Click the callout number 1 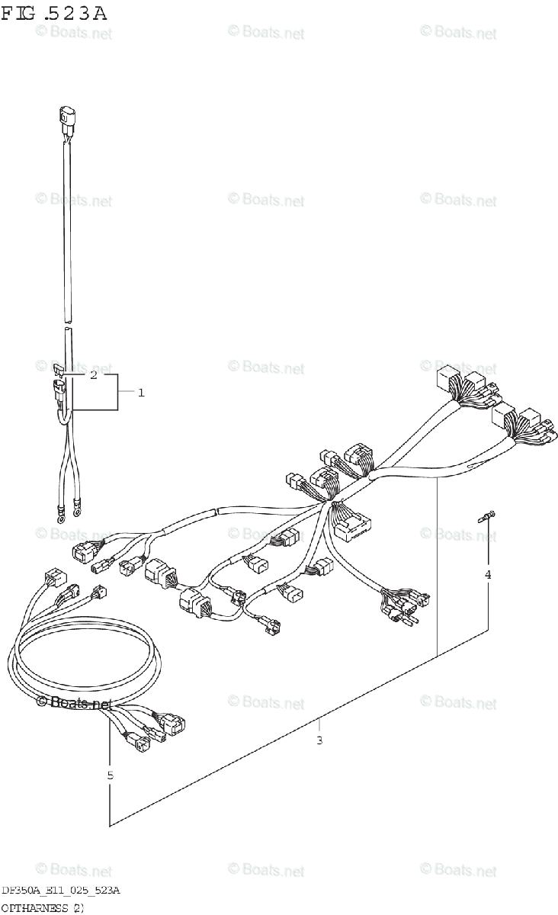tap(141, 393)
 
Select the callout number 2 tap(93, 375)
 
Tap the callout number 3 tap(319, 740)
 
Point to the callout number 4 tap(488, 575)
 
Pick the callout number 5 tap(111, 775)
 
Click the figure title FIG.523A tap(53, 13)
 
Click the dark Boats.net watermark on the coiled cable tap(74, 703)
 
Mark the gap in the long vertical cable tap(66, 323)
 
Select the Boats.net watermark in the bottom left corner tap(73, 870)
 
